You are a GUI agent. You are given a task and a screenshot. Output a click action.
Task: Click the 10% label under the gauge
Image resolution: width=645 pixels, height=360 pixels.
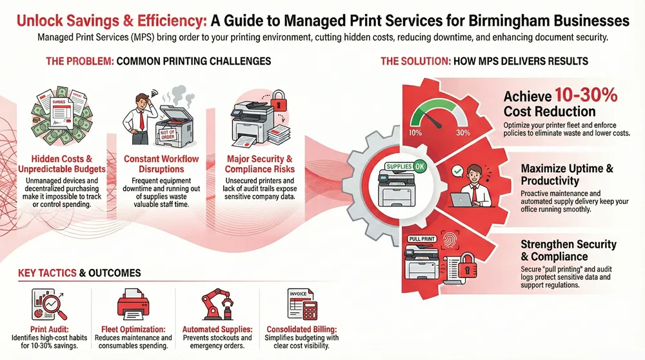pos(415,132)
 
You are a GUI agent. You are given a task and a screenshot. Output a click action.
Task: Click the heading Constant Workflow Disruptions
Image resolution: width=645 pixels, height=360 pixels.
pos(161,164)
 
